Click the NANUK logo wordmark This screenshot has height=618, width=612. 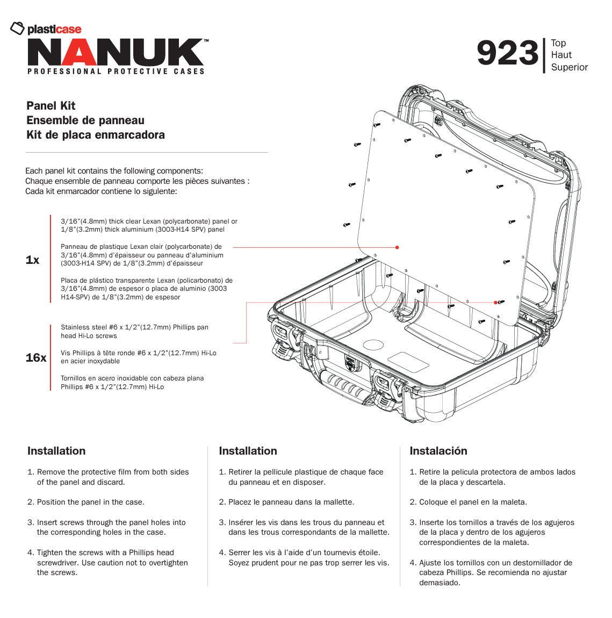[x=116, y=53]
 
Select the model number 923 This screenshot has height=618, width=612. [x=507, y=54]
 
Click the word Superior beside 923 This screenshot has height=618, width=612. [x=569, y=67]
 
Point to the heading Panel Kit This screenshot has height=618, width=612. [x=51, y=106]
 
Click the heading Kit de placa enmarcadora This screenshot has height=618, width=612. [x=96, y=135]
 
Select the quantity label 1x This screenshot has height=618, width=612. [x=32, y=260]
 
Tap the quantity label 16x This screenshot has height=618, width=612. [x=35, y=358]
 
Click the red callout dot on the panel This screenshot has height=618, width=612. [x=397, y=247]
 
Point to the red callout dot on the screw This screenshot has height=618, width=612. [x=496, y=303]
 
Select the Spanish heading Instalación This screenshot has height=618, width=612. [x=438, y=451]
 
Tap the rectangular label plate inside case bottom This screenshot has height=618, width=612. [x=408, y=362]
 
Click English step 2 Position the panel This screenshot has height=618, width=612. [x=90, y=502]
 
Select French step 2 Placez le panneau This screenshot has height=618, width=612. [x=291, y=502]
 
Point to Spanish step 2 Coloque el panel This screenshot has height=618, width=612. [x=472, y=502]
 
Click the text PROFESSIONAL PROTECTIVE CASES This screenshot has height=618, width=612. [x=116, y=71]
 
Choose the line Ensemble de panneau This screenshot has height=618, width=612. [x=85, y=120]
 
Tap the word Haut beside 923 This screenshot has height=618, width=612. [x=561, y=55]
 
